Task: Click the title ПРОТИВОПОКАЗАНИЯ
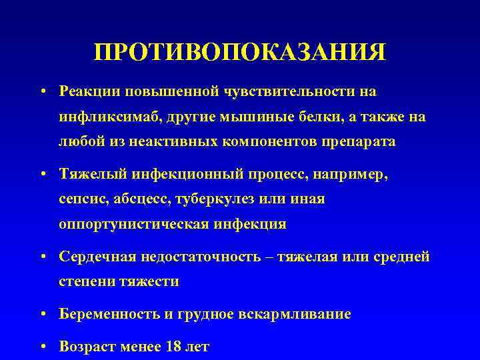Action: [240, 52]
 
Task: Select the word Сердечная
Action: [94, 257]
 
